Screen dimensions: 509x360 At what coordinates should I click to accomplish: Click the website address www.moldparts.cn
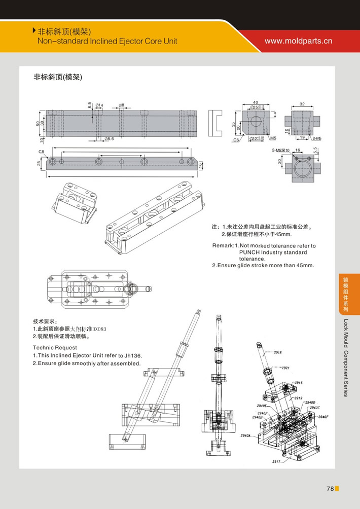(298, 41)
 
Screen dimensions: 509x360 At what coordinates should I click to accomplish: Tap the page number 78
(330, 489)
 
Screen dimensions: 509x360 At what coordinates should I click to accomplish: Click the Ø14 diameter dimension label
(99, 105)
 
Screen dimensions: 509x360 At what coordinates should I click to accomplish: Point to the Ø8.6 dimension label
(109, 138)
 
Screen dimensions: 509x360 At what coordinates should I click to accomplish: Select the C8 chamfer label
(42, 152)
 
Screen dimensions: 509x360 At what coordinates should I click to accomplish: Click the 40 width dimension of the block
(256, 102)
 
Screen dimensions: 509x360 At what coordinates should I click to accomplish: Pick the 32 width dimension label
(302, 103)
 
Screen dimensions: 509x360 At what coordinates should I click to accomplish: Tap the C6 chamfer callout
(236, 140)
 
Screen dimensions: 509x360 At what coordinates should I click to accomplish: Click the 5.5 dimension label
(315, 151)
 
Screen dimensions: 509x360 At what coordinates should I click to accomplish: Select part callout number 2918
(278, 352)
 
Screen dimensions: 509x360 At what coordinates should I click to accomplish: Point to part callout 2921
(285, 368)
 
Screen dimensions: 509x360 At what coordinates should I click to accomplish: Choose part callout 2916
(298, 383)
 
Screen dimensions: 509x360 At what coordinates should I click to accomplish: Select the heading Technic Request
(55, 348)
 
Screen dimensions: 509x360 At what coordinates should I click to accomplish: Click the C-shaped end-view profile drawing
(215, 123)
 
